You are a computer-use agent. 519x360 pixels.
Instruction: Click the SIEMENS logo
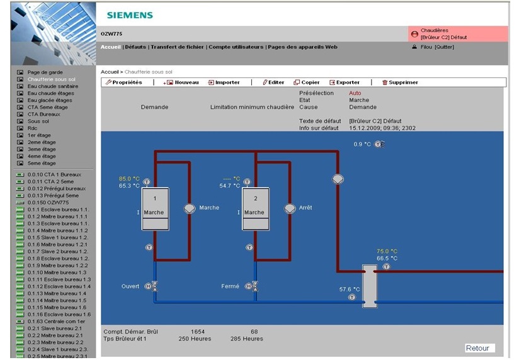coord(130,15)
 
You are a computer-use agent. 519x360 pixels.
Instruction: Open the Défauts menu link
coord(135,47)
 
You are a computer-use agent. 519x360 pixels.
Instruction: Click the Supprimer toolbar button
coord(400,82)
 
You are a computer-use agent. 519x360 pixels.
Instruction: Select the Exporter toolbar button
coord(345,82)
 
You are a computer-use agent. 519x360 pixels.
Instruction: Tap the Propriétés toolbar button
coord(124,82)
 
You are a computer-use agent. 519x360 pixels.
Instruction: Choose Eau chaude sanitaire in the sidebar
coord(53,86)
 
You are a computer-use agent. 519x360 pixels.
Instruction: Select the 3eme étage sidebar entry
coord(42,149)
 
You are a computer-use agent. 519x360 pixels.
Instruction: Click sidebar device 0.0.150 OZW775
coord(48,203)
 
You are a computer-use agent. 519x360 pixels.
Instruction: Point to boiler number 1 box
coord(155,209)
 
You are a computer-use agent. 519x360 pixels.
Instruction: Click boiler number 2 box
coord(256,209)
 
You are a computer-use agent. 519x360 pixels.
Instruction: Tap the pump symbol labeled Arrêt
coord(290,208)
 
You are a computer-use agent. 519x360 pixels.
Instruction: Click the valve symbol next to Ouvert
coord(154,286)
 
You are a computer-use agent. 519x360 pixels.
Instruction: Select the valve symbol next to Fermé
coord(255,286)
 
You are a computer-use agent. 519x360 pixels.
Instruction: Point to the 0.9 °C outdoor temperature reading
coord(362,144)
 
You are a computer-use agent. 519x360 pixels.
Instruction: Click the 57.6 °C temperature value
coord(349,289)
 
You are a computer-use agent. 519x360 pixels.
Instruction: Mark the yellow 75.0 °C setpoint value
coord(387,251)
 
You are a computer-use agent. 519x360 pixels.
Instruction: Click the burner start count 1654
coord(198,332)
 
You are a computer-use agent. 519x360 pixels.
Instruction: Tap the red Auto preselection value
coord(355,93)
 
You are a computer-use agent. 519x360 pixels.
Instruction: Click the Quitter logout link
coord(444,47)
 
